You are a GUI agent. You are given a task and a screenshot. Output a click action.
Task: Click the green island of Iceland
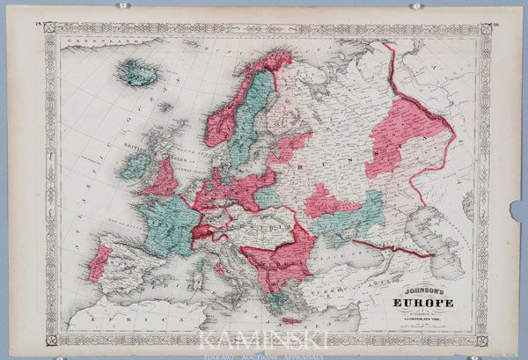[x=137, y=72]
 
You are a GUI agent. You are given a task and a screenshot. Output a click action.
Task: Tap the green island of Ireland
[x=134, y=166]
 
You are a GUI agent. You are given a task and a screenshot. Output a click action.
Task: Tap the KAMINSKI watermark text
[x=263, y=340]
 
